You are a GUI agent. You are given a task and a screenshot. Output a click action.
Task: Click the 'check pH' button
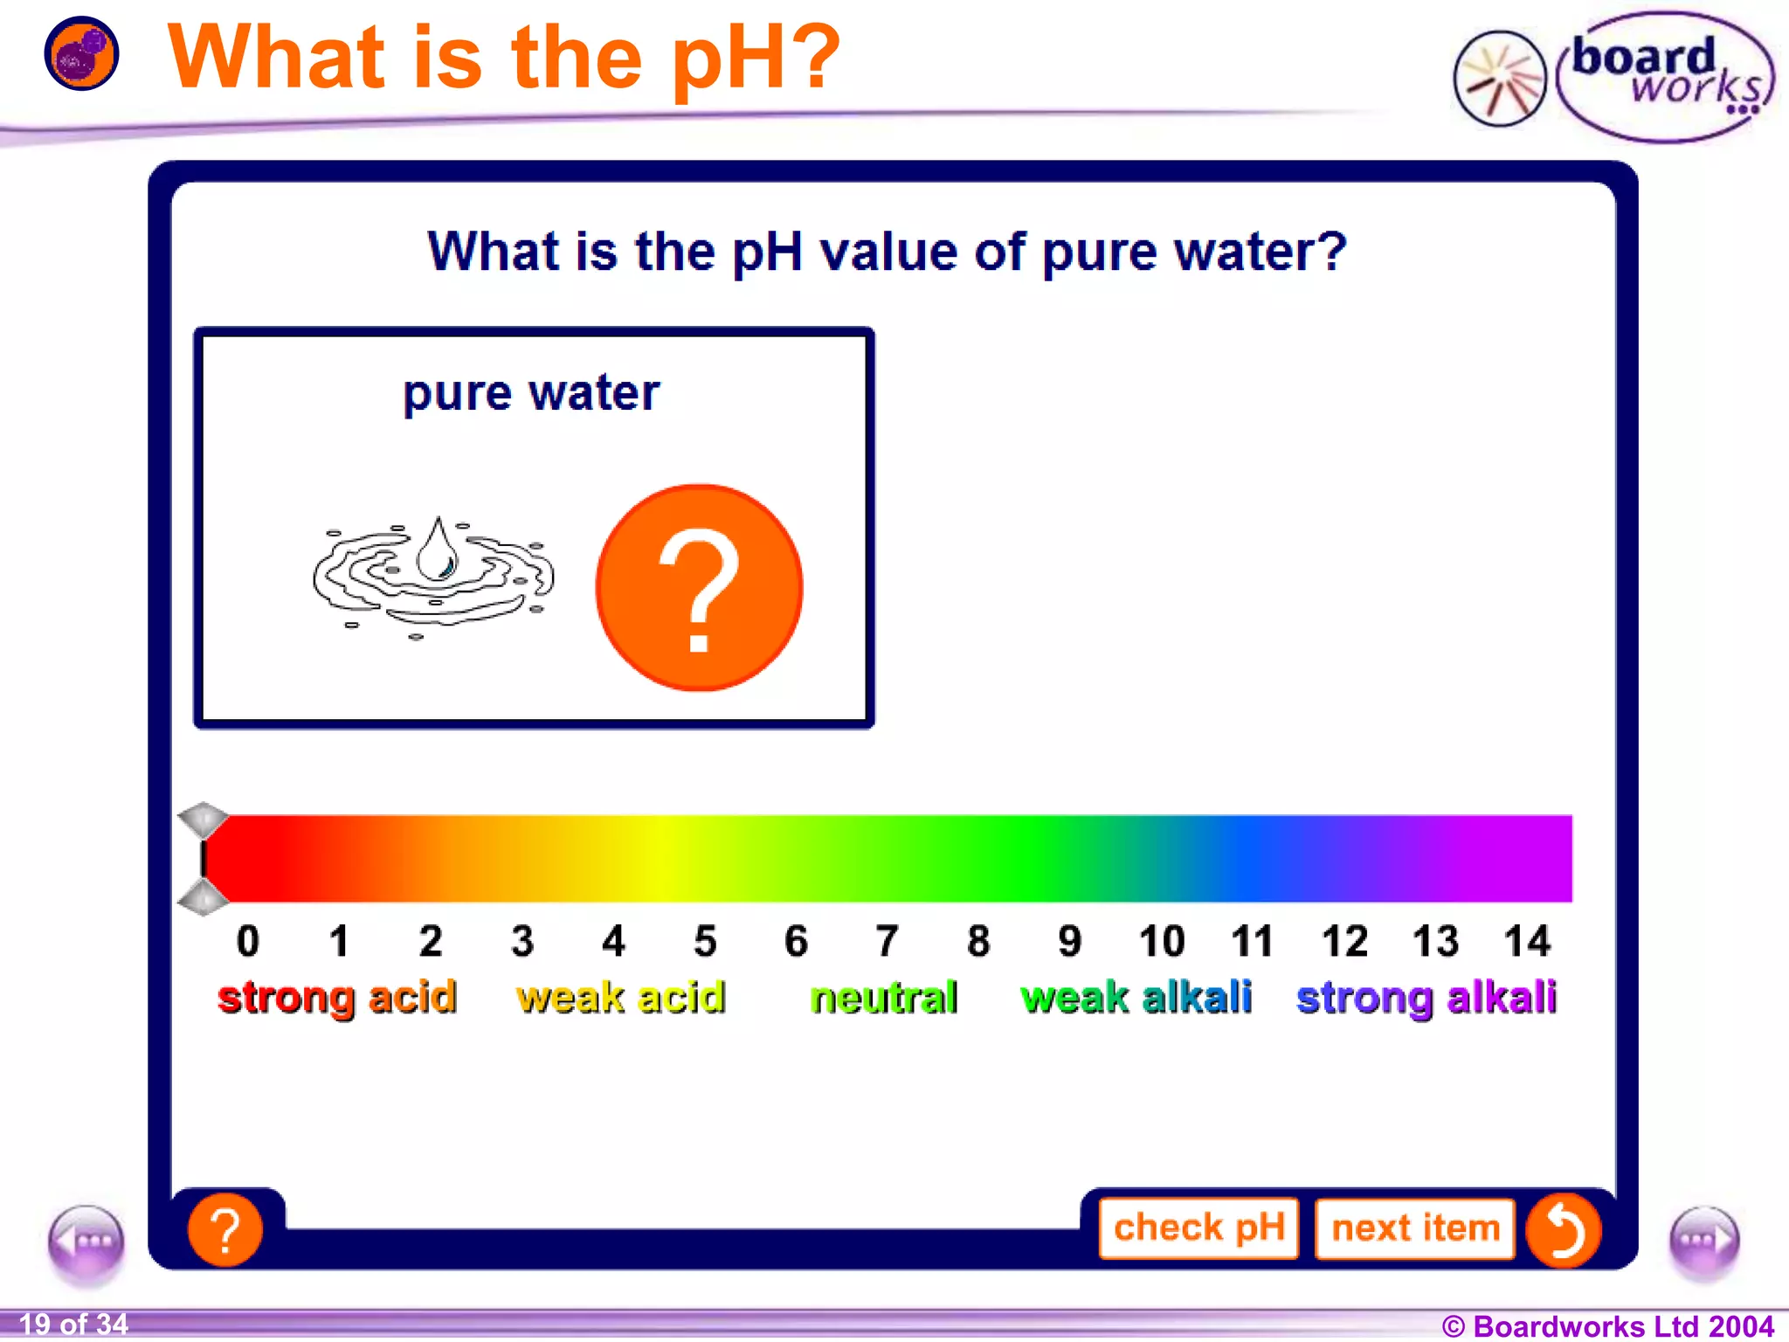point(1198,1228)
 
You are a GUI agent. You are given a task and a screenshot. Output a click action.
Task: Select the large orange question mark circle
point(699,588)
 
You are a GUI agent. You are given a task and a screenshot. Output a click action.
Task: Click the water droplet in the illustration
point(438,550)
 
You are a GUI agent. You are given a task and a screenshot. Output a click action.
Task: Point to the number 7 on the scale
point(887,941)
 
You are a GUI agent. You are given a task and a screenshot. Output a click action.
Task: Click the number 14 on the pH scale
point(1526,941)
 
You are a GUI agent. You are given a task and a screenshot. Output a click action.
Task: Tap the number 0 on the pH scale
point(248,941)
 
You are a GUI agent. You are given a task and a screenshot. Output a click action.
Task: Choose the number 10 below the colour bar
point(1161,941)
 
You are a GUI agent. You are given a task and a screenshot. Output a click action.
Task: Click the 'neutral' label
point(884,997)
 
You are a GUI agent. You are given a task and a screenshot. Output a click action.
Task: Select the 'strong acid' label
point(337,997)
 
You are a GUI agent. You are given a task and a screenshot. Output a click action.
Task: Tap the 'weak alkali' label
point(1136,997)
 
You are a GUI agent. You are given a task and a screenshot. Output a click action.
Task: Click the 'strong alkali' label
point(1426,997)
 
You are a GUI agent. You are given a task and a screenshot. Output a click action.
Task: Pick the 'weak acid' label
point(620,997)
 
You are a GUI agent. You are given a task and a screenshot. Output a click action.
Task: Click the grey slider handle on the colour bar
point(204,858)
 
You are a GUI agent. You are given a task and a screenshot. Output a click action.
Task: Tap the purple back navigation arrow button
point(86,1242)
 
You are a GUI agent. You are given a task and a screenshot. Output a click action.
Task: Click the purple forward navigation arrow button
point(1703,1242)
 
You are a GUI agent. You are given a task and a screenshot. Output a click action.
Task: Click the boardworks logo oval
point(1664,77)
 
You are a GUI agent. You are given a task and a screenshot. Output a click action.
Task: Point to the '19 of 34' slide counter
point(73,1324)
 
